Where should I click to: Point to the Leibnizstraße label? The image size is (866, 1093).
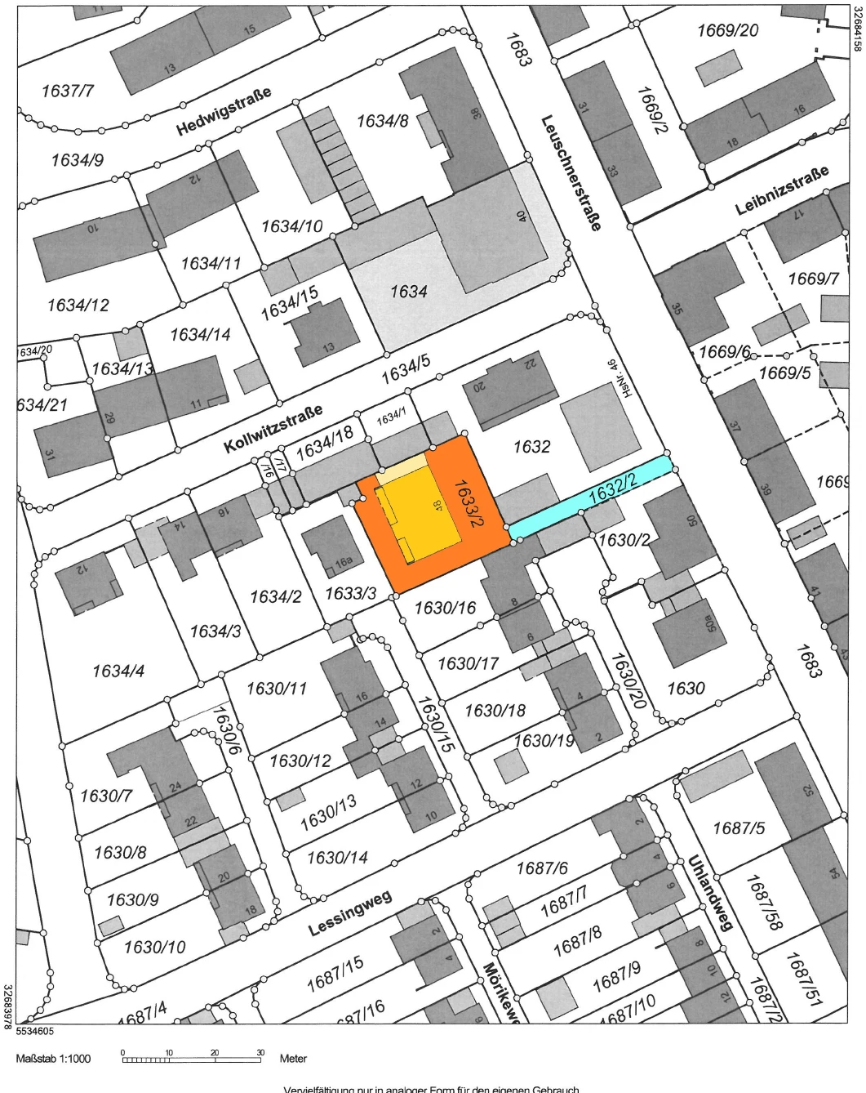click(781, 190)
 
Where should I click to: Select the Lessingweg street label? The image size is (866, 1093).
click(350, 913)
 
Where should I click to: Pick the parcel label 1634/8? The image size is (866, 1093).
click(382, 122)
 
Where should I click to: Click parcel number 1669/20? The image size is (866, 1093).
click(727, 30)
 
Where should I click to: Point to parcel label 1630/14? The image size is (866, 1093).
click(336, 858)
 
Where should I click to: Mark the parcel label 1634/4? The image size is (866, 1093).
click(119, 671)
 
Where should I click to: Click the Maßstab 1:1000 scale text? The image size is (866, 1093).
click(53, 1059)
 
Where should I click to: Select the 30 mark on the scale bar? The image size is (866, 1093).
click(261, 1052)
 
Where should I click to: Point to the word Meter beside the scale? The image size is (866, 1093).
click(293, 1059)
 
